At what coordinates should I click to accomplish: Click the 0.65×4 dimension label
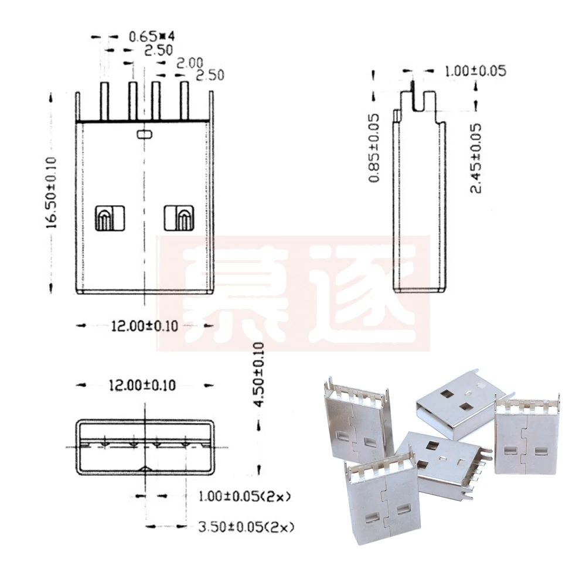[x=151, y=37]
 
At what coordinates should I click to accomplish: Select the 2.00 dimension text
[x=190, y=63]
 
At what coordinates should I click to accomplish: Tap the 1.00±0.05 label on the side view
[x=475, y=71]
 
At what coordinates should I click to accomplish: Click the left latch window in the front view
[x=110, y=218]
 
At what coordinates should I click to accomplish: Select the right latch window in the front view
[x=178, y=218]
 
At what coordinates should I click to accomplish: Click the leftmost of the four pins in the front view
[x=105, y=101]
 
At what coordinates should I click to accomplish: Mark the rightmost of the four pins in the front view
[x=185, y=101]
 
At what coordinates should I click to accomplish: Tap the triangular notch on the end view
[x=145, y=468]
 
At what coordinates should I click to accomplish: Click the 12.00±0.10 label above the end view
[x=144, y=385]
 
